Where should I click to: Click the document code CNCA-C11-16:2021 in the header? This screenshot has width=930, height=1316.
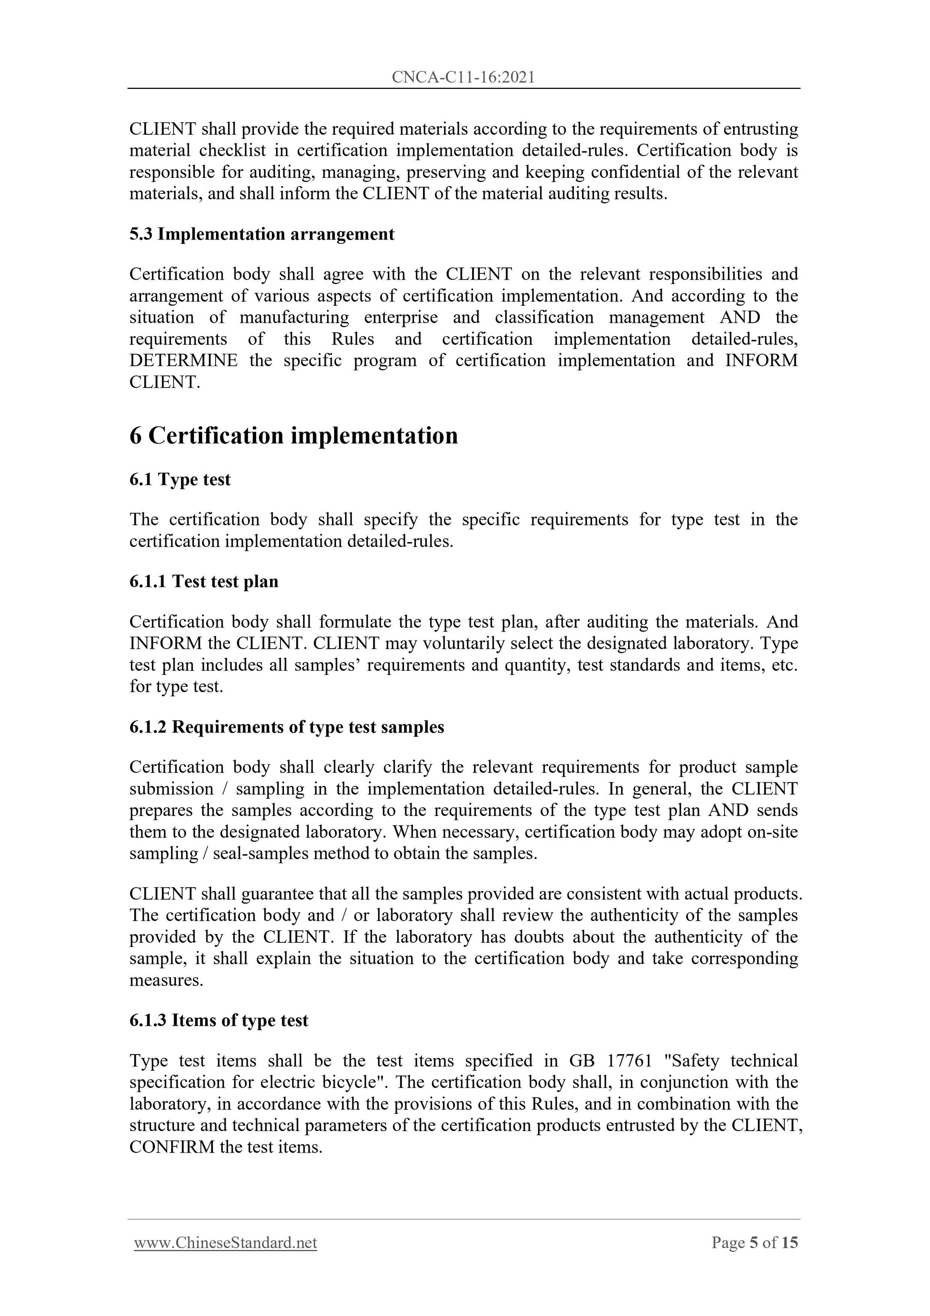pos(463,77)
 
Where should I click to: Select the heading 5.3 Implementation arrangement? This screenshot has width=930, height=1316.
pos(262,234)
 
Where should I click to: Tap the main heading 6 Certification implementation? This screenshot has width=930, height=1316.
pos(293,435)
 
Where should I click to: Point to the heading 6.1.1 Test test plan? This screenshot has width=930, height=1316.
pos(204,581)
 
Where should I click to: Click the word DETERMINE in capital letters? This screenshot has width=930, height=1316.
pos(184,360)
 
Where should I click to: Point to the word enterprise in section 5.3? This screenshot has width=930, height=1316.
pos(400,317)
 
